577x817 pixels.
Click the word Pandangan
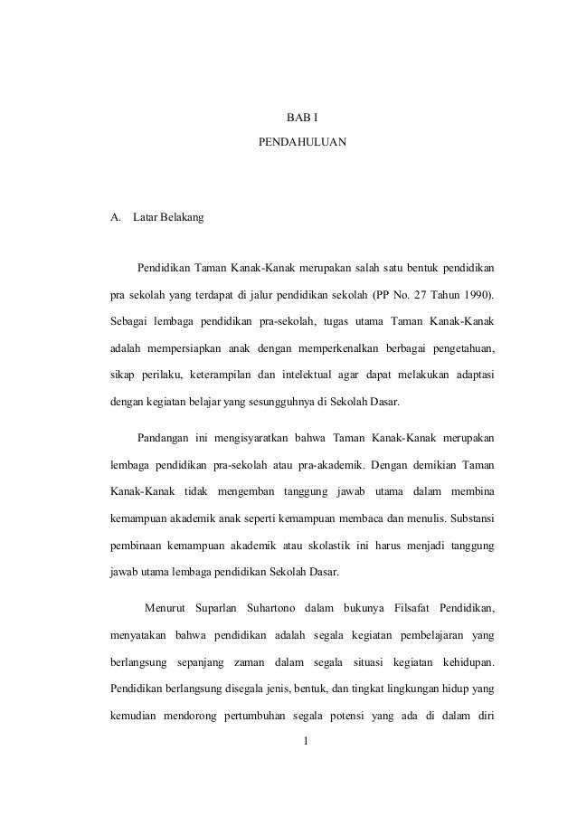coord(162,440)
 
